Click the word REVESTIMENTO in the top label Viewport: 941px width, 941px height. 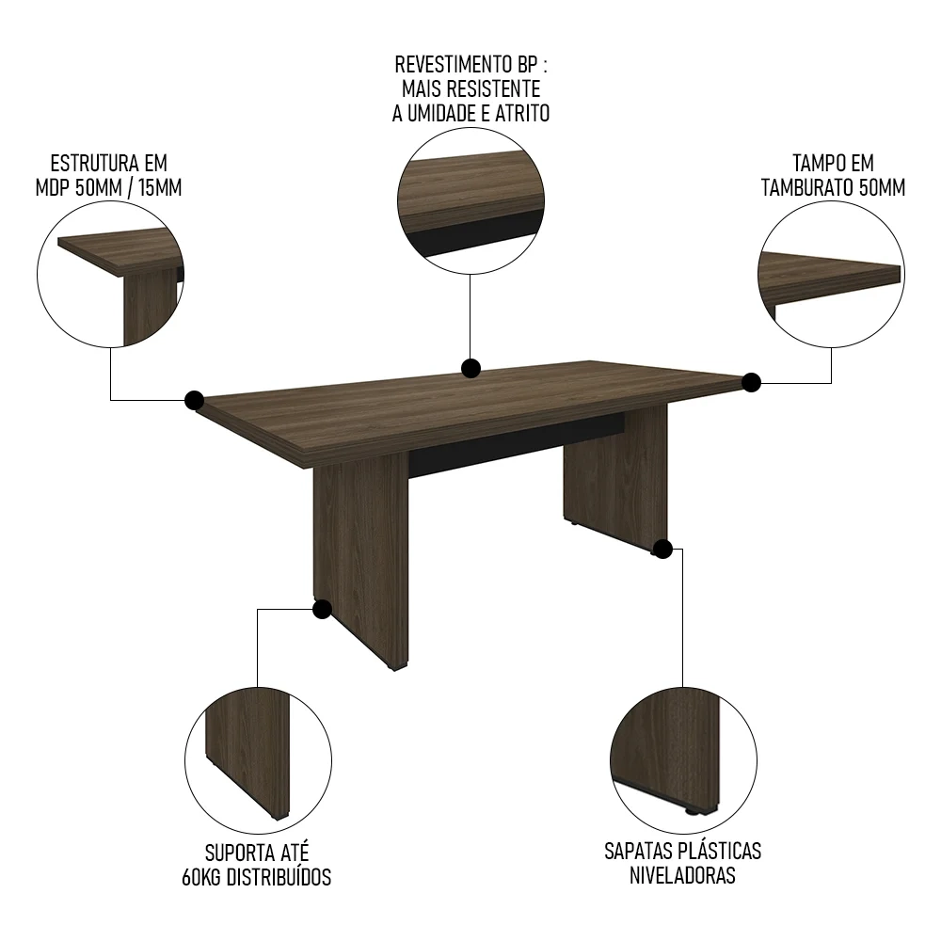[x=455, y=64]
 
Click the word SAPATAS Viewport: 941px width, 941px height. [x=639, y=851]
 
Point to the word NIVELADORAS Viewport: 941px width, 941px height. [x=682, y=875]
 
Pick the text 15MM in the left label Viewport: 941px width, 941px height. [x=160, y=188]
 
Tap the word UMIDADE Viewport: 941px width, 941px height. [x=445, y=114]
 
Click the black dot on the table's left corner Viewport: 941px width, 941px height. [x=195, y=400]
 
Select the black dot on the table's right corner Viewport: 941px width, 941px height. [x=751, y=382]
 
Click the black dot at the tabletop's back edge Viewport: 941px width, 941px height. [x=471, y=368]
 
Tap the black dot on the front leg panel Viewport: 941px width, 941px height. [x=322, y=609]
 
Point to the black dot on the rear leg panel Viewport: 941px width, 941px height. [x=662, y=549]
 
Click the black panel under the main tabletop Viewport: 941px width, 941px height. [x=516, y=445]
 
